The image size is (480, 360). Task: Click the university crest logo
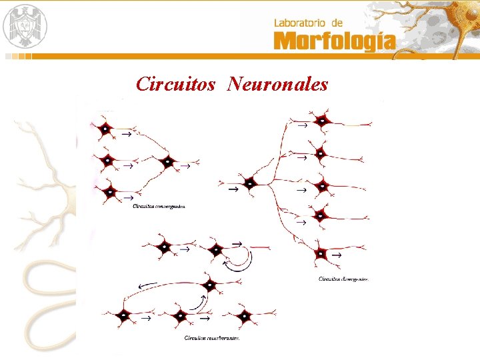26,25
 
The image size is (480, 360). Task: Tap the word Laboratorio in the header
299,23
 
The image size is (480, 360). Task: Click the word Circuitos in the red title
175,84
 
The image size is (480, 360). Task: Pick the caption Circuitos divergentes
343,279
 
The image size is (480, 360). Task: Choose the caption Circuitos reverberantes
211,338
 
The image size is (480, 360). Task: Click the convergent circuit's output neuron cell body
167,161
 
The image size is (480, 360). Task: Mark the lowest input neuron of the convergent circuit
108,191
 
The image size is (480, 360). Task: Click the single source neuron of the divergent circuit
250,182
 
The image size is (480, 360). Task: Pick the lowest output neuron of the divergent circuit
321,253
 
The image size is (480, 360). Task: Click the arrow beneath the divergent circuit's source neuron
233,190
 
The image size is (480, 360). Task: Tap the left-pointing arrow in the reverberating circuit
148,287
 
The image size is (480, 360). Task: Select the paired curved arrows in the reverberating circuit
238,260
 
